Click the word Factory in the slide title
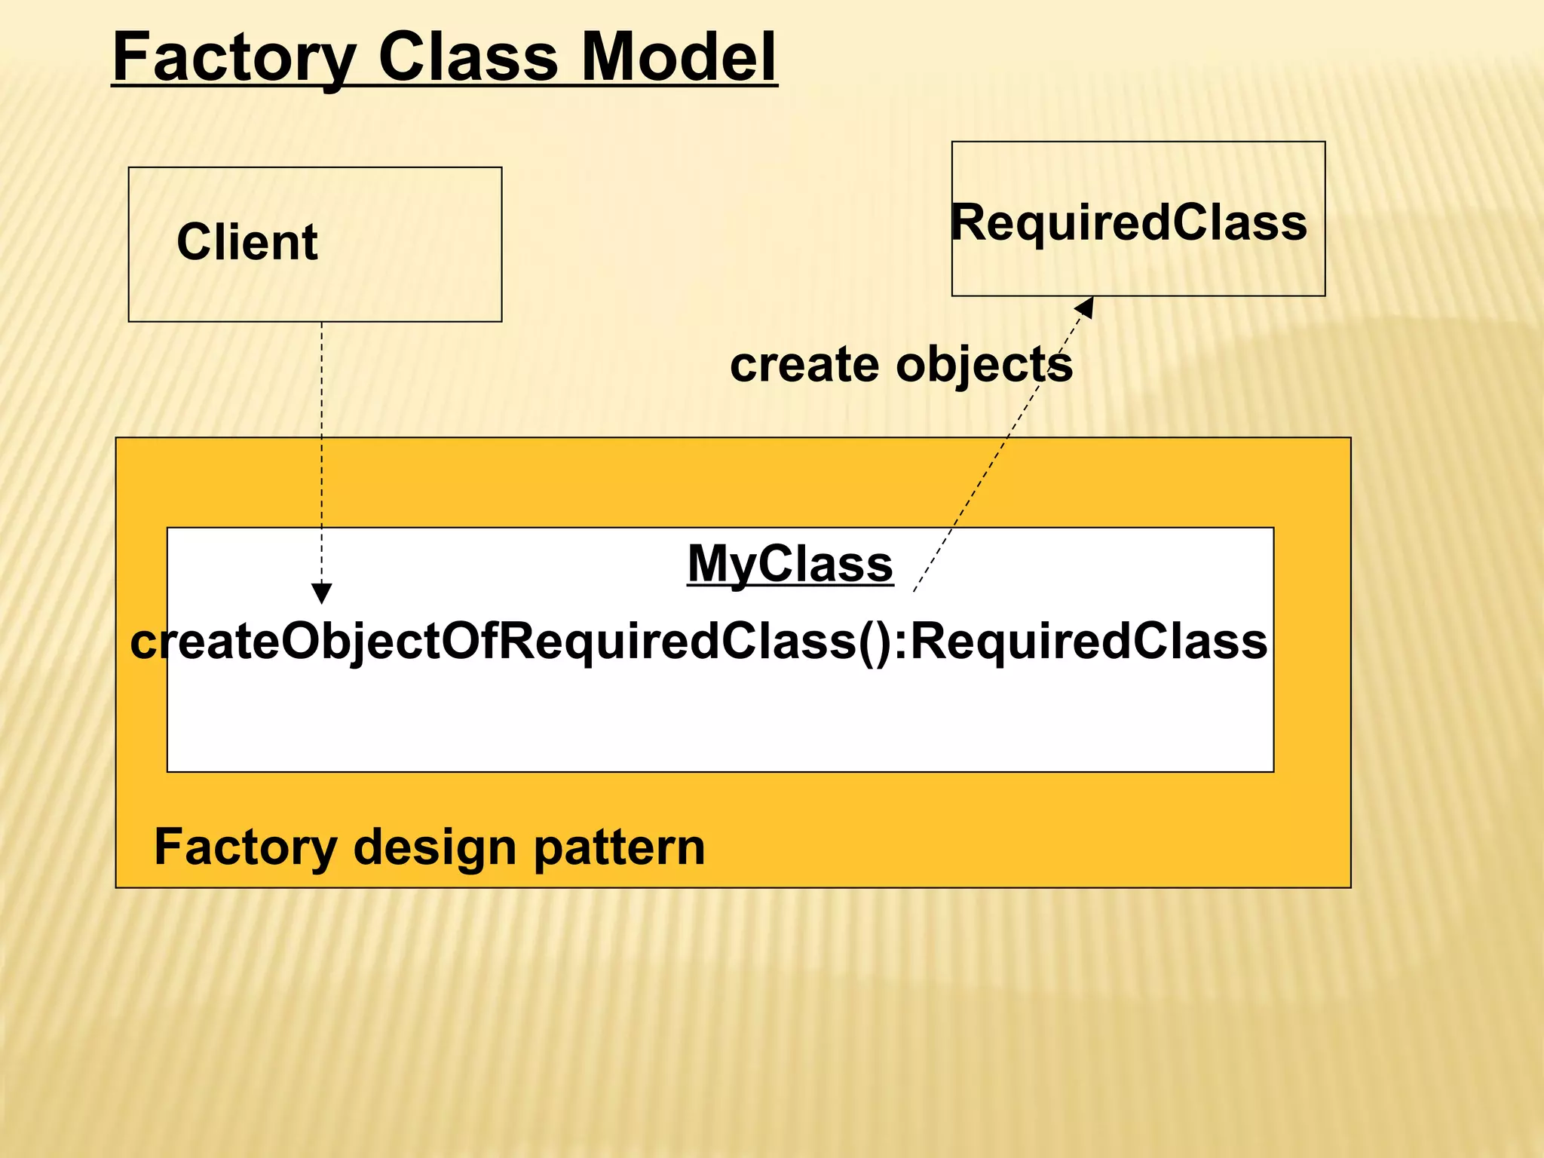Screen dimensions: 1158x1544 click(x=234, y=58)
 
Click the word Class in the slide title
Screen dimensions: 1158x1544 click(x=467, y=58)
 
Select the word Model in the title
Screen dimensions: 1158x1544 click(x=679, y=58)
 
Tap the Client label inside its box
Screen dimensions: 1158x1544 click(x=247, y=242)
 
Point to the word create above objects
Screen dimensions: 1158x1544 click(x=804, y=365)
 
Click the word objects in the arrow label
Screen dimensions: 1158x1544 click(x=984, y=365)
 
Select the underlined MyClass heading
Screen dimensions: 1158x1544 click(x=790, y=563)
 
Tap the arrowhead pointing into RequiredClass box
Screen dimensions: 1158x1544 click(x=1085, y=305)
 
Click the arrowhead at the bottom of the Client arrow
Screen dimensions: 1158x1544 click(x=321, y=593)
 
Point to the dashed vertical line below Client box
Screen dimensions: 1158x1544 click(x=321, y=452)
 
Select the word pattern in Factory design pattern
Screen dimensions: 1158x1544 click(x=620, y=847)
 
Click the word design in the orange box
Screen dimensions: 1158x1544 click(x=436, y=847)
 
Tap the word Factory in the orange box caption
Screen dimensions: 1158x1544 click(x=246, y=847)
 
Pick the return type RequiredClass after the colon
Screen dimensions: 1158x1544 click(x=1089, y=642)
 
